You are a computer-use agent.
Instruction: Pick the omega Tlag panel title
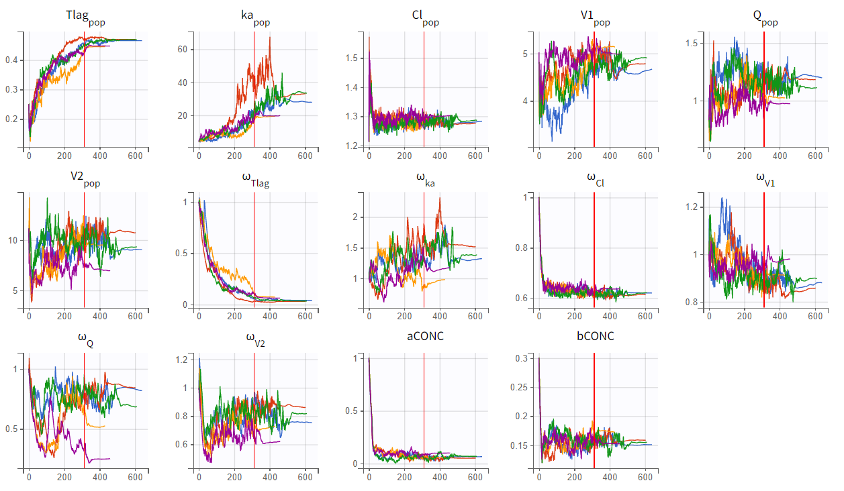click(255, 179)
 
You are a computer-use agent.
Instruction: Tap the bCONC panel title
click(596, 336)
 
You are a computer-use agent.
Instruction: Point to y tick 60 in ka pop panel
click(182, 50)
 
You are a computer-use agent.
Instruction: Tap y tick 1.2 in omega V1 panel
click(690, 207)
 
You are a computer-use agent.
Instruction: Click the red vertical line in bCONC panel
click(594, 409)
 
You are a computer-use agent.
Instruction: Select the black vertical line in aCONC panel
click(424, 409)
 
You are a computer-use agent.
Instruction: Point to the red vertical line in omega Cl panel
click(594, 248)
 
